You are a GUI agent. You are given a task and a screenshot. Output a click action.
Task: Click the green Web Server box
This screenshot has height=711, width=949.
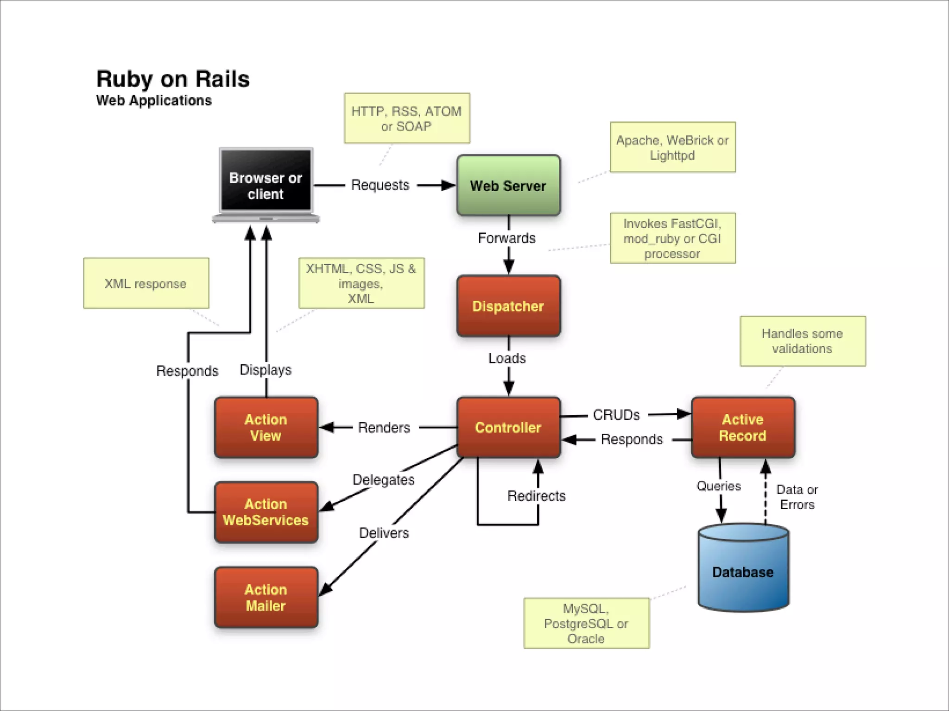[x=508, y=185]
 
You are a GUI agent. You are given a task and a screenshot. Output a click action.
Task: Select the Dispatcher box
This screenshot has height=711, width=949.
[x=508, y=306]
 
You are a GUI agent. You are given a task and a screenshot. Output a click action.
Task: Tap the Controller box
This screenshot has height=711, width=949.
[x=508, y=427]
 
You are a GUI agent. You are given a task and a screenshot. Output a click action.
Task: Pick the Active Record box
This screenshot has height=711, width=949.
[x=743, y=427]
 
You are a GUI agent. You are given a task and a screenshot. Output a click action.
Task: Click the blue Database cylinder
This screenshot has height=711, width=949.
[x=743, y=572]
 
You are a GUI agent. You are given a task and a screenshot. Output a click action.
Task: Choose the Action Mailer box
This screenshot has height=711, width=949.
[x=266, y=597]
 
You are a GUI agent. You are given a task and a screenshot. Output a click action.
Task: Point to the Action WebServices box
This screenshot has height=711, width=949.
[x=266, y=512]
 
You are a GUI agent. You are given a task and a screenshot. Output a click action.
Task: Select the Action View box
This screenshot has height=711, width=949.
[x=266, y=427]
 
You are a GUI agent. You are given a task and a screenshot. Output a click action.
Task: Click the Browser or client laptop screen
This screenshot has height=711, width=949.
[x=266, y=181]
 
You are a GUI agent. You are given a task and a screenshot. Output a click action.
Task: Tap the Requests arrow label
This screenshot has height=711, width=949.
[x=380, y=185]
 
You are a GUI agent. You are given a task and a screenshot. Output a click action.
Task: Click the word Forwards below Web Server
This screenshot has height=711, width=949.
[x=506, y=238]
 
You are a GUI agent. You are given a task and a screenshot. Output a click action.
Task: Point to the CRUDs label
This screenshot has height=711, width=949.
[x=616, y=415]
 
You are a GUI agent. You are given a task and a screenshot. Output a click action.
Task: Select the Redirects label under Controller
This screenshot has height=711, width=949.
[x=536, y=496]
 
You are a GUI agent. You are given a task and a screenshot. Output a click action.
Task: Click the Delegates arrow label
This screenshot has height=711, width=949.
[x=383, y=480]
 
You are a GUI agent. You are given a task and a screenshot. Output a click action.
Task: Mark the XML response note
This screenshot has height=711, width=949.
[x=146, y=283]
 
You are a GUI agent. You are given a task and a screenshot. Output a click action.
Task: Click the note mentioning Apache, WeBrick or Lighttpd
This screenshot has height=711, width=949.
[x=672, y=147]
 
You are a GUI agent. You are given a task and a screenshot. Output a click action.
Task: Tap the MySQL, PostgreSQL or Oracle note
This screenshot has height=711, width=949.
[x=586, y=623]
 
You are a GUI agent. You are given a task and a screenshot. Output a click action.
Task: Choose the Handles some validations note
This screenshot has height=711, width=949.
[x=802, y=341]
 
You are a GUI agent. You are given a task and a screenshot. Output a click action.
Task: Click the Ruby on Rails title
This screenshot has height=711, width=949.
[x=173, y=79]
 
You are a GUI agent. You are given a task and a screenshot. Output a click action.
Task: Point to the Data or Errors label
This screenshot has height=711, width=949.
[x=797, y=497]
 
